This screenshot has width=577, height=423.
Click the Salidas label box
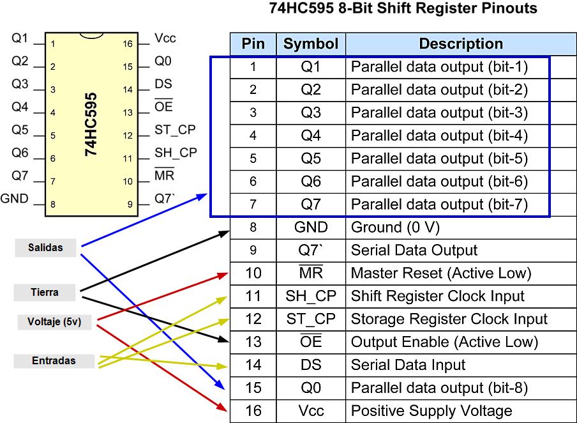[x=45, y=247]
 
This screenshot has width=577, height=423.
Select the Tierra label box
[x=45, y=293]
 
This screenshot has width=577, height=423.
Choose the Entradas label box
[x=54, y=361]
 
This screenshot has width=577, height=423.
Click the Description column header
[x=461, y=44]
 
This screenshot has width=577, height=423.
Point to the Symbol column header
[x=311, y=44]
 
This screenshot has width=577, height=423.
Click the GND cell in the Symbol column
[x=311, y=227]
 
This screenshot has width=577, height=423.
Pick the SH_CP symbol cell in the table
[x=311, y=296]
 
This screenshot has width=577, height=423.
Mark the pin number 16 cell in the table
[x=253, y=411]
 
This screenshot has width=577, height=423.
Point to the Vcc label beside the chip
[x=165, y=39]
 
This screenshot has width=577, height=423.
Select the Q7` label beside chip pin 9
[x=165, y=199]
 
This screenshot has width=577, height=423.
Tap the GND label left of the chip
[x=15, y=199]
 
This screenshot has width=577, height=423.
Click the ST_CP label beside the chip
[x=175, y=130]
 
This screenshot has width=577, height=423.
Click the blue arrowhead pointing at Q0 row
[x=220, y=386]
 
